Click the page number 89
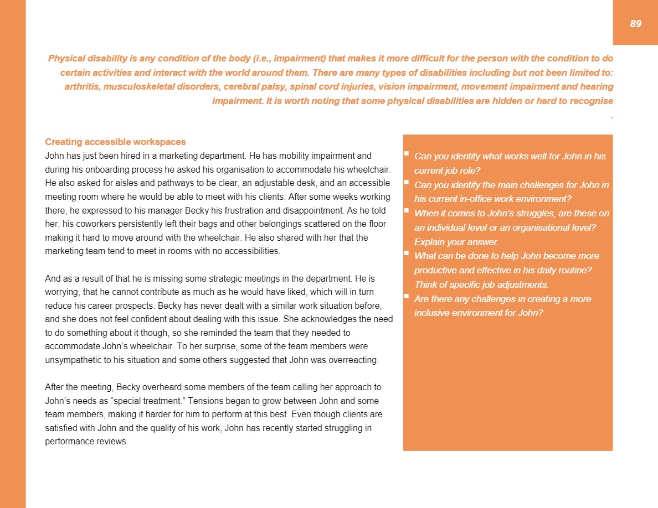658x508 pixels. click(x=635, y=23)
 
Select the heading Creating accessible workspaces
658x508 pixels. click(x=115, y=142)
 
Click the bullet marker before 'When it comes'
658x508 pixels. click(x=407, y=211)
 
